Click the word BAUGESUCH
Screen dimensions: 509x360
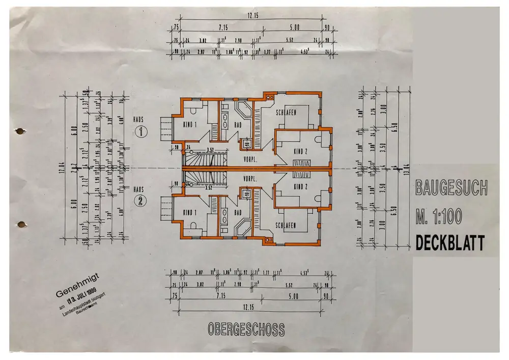coord(451,188)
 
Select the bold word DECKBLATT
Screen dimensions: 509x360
coord(450,243)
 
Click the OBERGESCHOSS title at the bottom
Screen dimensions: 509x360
coord(246,329)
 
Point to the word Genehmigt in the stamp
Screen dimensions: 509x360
coord(80,286)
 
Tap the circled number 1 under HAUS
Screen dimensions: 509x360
coord(140,132)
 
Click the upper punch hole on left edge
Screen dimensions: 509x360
coord(20,131)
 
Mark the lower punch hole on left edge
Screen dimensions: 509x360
coord(21,224)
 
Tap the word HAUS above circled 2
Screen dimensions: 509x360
coord(138,189)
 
